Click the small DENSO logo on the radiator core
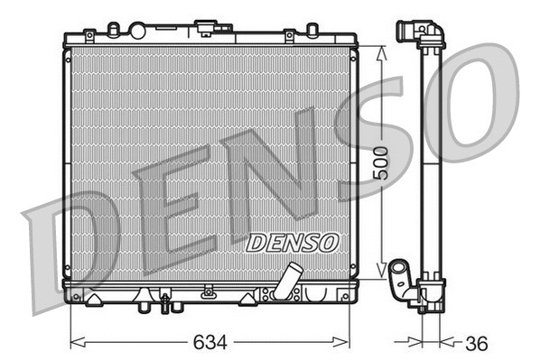[x=292, y=243]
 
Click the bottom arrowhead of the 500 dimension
[x=382, y=273]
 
